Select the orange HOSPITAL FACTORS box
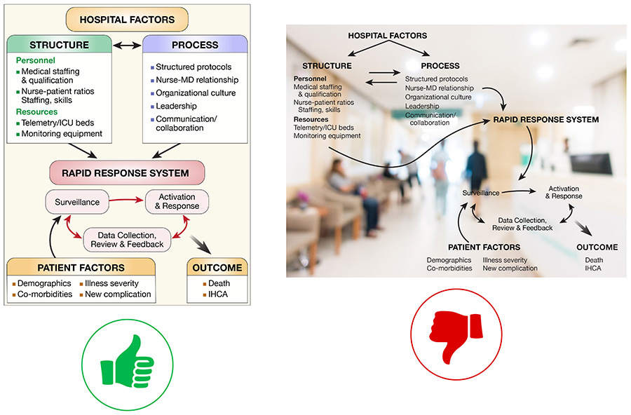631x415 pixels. [x=128, y=19]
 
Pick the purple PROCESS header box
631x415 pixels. [x=194, y=46]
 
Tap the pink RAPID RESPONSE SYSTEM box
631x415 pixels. [x=127, y=172]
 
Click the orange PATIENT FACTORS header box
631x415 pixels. [x=81, y=267]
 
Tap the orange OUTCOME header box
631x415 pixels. [x=219, y=267]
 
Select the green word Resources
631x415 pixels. [x=36, y=111]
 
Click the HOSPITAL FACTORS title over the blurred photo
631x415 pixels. [x=387, y=35]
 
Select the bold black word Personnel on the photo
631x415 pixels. [x=309, y=79]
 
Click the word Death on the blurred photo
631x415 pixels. [x=594, y=260]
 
